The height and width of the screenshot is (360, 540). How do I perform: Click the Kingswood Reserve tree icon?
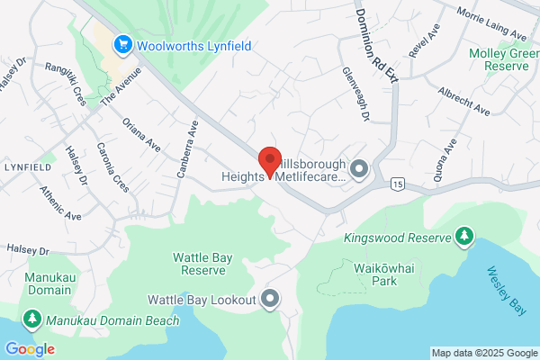tap(464, 237)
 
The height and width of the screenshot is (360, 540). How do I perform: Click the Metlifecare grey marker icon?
tap(360, 169)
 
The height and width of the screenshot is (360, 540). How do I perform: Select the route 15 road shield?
tap(397, 184)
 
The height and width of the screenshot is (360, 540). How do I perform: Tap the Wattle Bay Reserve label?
tap(203, 263)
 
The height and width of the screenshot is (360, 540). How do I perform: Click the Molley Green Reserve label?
tap(503, 59)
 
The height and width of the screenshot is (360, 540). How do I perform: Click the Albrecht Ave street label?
tap(463, 102)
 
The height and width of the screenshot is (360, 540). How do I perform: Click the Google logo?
tap(30, 349)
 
